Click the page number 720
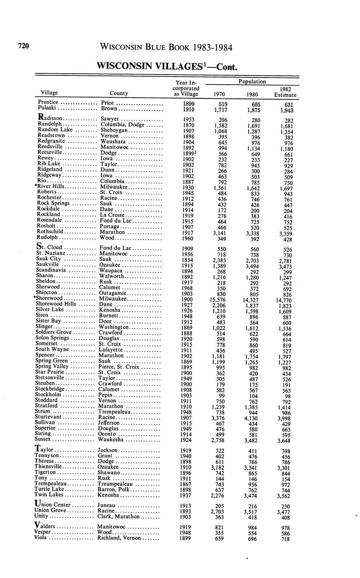(23, 46)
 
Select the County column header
(119, 93)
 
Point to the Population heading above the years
(252, 82)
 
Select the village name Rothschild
(50, 232)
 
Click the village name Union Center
(52, 505)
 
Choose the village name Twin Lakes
(49, 495)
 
